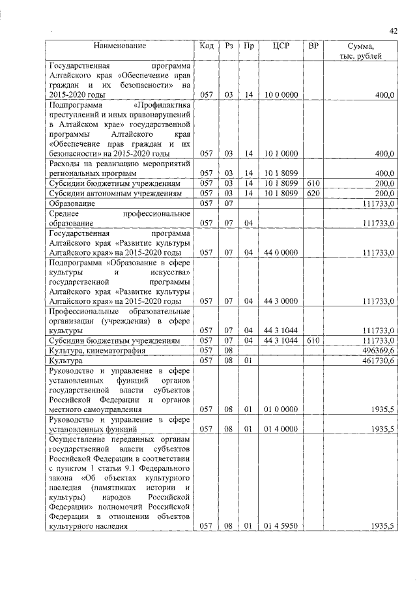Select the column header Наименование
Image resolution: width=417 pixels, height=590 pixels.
coord(119,46)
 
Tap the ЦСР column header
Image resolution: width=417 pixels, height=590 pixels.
coord(281,46)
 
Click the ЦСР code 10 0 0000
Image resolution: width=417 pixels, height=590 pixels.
coord(281,95)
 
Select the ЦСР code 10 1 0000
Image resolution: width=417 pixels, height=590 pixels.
coord(281,154)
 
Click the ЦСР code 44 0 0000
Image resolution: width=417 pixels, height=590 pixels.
coord(281,252)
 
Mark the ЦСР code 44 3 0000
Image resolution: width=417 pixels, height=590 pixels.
coord(281,301)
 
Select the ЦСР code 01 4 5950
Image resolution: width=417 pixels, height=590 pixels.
coord(281,525)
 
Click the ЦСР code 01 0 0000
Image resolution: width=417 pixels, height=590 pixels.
coord(281,409)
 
